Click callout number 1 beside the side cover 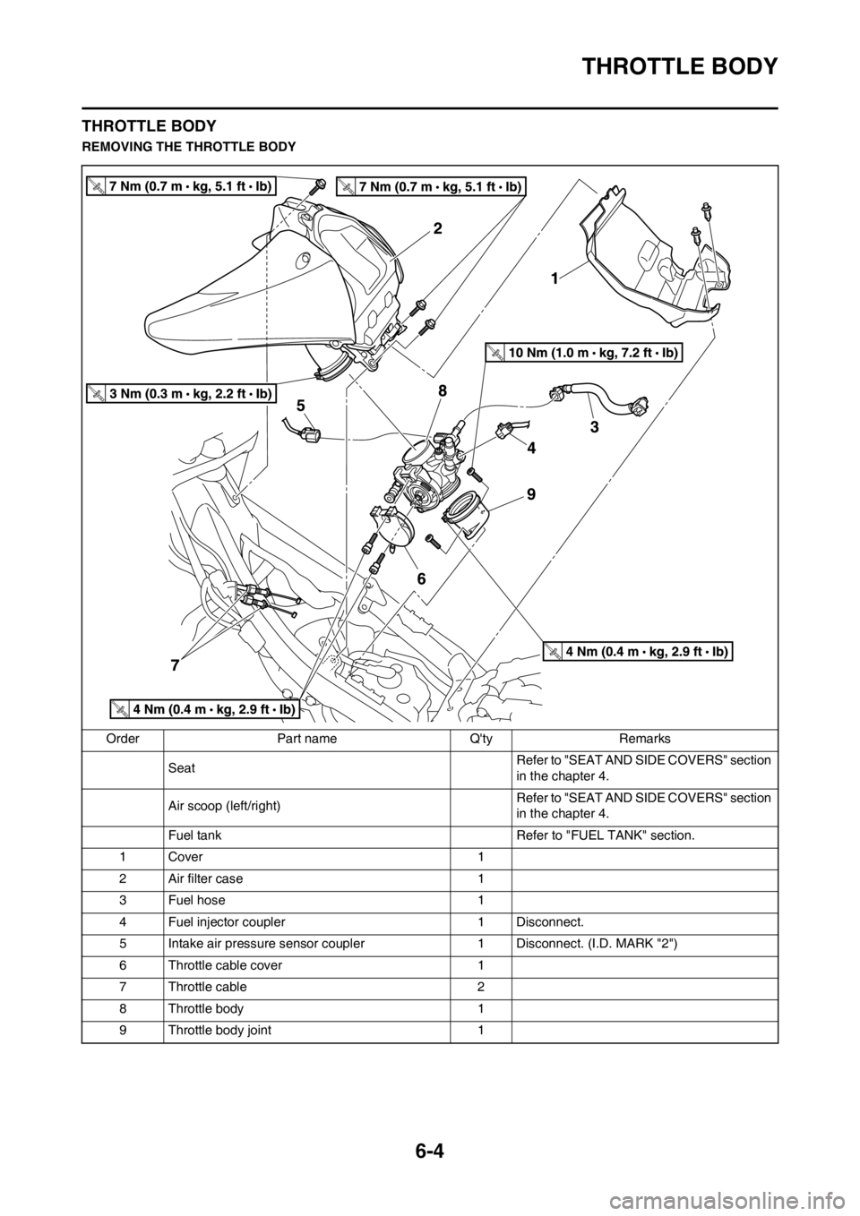tap(555, 279)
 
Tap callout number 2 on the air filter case tap(437, 228)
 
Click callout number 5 tap(302, 405)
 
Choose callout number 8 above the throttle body tap(443, 390)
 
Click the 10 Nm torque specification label tap(585, 353)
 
